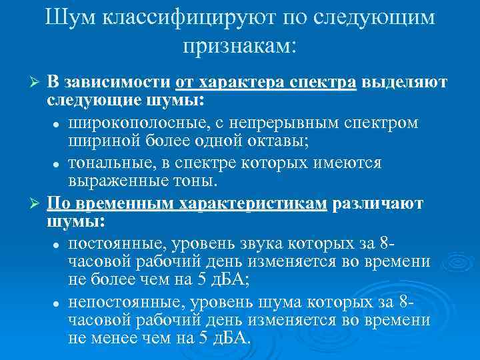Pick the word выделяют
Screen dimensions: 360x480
406,83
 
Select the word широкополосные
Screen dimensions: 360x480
130,123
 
